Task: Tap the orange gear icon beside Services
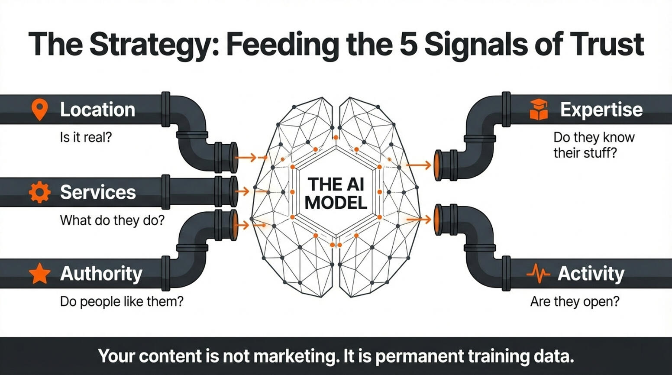tap(39, 192)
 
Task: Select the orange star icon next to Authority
tap(39, 274)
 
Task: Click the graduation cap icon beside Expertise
tap(539, 109)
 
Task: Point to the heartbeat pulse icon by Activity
tap(538, 274)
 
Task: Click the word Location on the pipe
tap(97, 110)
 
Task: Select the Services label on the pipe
tap(98, 192)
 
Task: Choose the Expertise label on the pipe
tap(601, 110)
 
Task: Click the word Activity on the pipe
tap(591, 274)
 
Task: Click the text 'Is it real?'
tap(86, 138)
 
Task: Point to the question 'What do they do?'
tap(112, 220)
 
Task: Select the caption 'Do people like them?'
tap(122, 301)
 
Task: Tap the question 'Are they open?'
tap(575, 301)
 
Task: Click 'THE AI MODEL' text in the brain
tap(336, 194)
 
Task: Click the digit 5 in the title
tap(408, 44)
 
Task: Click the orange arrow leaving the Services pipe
tap(244, 191)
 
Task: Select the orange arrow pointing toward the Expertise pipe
tap(419, 165)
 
